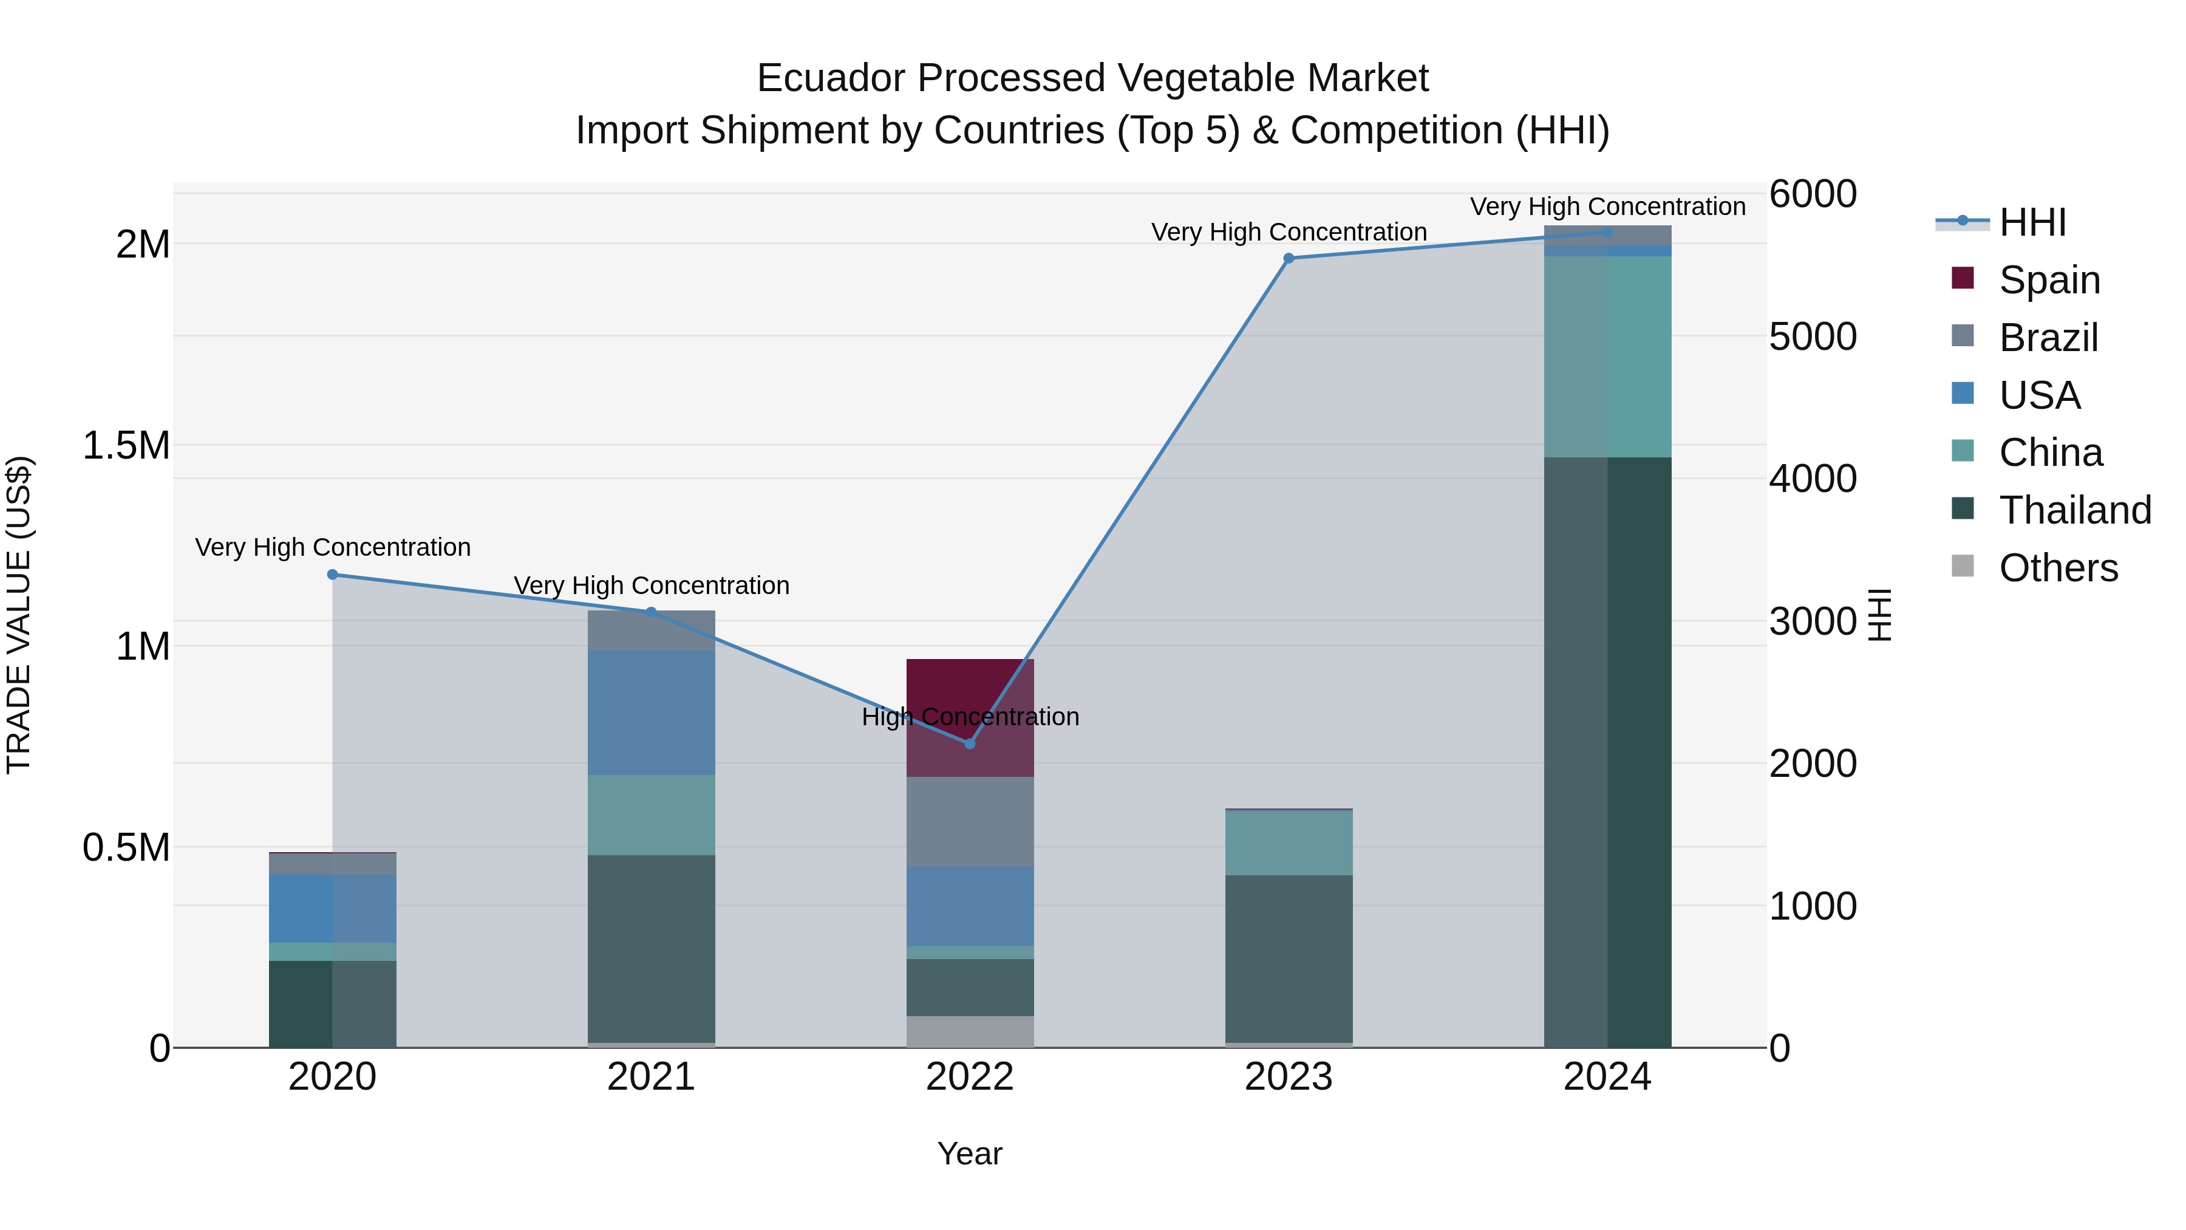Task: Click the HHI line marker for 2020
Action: [333, 575]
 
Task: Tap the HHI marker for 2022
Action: [970, 743]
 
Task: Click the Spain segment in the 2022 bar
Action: [970, 688]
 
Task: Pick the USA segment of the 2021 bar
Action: [651, 713]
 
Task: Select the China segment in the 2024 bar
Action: [1607, 357]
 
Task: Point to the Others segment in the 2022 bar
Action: [970, 1031]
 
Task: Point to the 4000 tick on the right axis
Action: [1813, 479]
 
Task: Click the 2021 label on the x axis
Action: [651, 1077]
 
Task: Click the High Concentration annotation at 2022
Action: [970, 717]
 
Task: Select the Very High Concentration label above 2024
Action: [1607, 207]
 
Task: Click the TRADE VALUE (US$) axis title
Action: [19, 615]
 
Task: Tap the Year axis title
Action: [969, 1153]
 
